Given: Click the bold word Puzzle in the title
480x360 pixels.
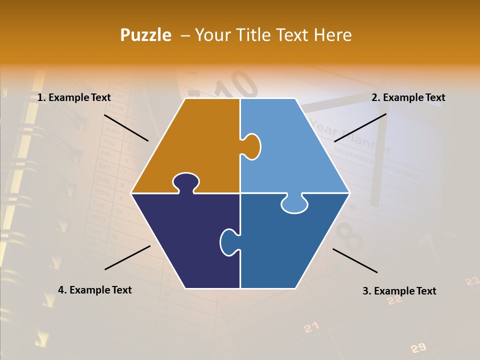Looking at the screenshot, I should [x=145, y=35].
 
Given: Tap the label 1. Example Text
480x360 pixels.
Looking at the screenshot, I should [x=74, y=98].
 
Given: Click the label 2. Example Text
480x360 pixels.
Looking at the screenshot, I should [x=408, y=98].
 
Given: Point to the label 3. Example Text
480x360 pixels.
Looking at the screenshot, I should [x=399, y=291].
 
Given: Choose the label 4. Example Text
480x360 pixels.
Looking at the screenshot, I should [x=95, y=290].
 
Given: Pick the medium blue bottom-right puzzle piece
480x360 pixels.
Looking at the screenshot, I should [x=285, y=245].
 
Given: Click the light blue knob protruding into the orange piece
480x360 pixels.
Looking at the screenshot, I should [x=252, y=146].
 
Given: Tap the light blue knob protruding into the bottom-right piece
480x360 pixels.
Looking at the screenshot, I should [x=294, y=204].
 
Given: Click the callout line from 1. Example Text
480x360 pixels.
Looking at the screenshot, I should [x=126, y=127].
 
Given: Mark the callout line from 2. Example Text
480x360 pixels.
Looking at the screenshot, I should [x=360, y=127].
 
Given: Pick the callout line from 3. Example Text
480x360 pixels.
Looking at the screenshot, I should [x=355, y=260].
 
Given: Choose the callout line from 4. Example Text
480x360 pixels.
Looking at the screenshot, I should [x=127, y=257].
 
